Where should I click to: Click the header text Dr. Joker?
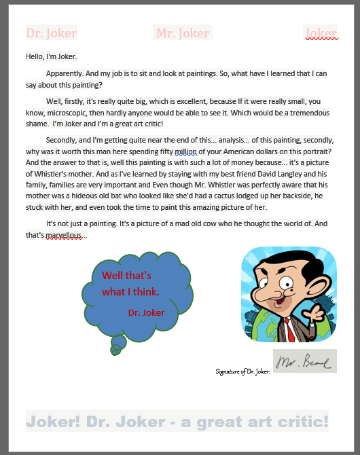[x=51, y=33]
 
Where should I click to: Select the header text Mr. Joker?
[x=183, y=33]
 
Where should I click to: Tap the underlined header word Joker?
[x=321, y=33]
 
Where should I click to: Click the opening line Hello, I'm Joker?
[x=51, y=56]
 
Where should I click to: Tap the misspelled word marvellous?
[x=66, y=235]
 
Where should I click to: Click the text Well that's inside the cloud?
[x=126, y=276]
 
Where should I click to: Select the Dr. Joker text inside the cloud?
[x=146, y=312]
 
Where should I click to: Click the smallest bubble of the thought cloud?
[x=115, y=350]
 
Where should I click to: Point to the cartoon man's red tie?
[x=291, y=329]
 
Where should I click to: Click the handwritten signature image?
[x=304, y=361]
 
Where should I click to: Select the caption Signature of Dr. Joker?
[x=242, y=371]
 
